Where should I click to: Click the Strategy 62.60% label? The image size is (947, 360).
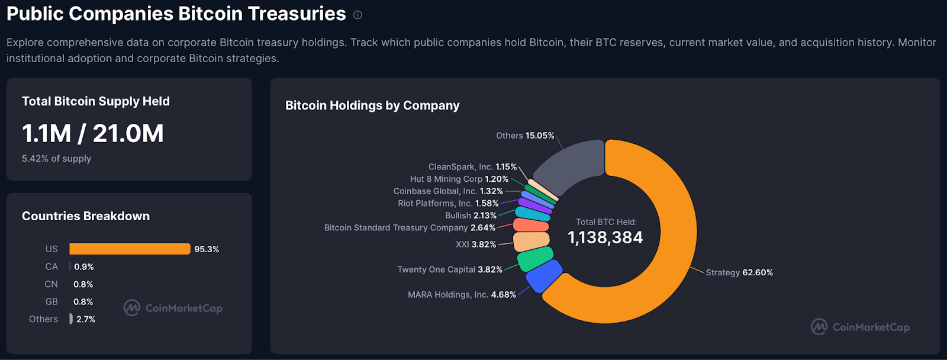(x=739, y=272)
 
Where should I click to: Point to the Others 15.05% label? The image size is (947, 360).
(x=525, y=136)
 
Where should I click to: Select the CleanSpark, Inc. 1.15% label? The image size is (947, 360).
(x=472, y=167)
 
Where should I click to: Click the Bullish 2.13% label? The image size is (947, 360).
(x=471, y=216)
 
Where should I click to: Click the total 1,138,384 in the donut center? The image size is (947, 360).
(x=605, y=237)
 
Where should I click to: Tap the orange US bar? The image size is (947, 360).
(x=130, y=249)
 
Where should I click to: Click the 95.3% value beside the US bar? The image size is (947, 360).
(x=207, y=249)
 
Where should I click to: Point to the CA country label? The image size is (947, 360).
(x=51, y=266)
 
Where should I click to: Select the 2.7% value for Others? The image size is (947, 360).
(x=86, y=319)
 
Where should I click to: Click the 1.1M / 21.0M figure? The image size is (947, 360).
(x=93, y=134)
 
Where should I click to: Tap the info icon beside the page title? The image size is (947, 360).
(x=357, y=15)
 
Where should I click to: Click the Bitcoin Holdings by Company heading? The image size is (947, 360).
(x=372, y=105)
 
